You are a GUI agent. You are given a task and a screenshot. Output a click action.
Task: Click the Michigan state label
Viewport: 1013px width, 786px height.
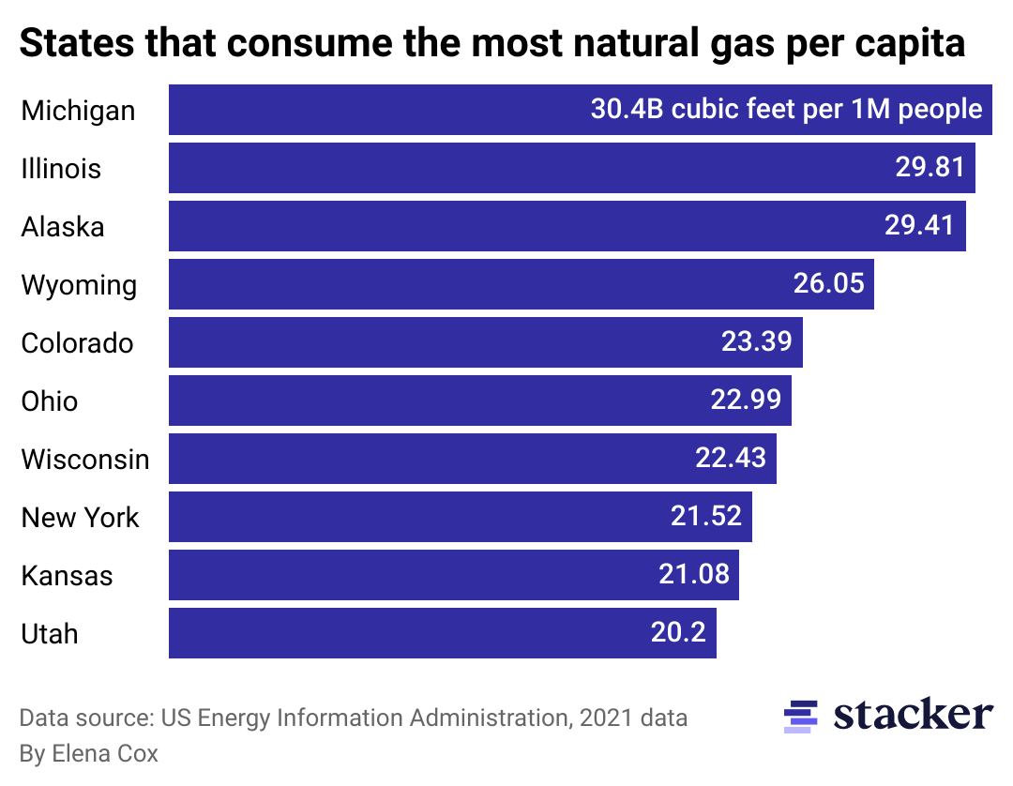pos(78,111)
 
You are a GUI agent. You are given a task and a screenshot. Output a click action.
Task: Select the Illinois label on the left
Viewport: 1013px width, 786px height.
pos(61,169)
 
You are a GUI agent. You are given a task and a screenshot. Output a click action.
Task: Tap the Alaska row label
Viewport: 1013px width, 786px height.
pos(63,227)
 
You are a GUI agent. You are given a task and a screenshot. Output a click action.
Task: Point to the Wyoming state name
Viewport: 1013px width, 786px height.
pos(79,285)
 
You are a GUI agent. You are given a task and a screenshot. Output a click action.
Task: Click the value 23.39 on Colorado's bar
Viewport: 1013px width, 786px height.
pos(756,341)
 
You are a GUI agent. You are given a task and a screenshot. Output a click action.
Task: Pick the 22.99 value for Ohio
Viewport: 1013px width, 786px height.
pos(745,400)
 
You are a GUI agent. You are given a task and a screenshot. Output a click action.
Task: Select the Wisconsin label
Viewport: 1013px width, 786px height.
pos(85,460)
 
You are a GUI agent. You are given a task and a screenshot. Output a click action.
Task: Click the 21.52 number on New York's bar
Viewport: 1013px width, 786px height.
pos(705,516)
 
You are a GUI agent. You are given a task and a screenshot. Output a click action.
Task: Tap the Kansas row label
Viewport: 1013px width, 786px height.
pos(67,575)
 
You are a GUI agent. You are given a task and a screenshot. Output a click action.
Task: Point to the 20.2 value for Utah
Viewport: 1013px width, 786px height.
pos(678,632)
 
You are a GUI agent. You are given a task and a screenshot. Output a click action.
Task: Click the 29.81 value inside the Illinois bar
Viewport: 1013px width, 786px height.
pos(929,168)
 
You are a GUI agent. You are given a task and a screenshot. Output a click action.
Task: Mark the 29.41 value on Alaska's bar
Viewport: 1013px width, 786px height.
pos(919,225)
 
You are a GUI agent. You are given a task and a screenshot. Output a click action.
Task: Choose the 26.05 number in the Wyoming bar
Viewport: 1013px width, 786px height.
pos(828,283)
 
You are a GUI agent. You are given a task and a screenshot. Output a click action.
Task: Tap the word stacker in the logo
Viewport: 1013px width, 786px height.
pos(913,716)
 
